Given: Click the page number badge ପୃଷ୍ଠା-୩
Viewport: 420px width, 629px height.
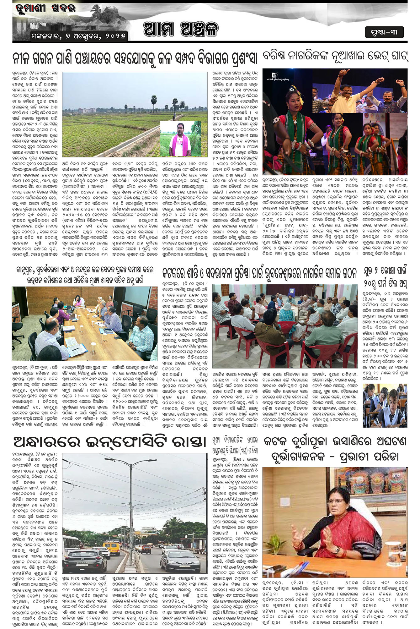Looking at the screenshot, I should tap(384, 32).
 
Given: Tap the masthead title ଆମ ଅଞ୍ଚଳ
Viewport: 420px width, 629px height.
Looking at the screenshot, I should tap(181, 30).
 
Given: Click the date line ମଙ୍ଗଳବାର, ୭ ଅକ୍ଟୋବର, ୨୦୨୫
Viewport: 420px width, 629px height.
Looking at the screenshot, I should tap(79, 36).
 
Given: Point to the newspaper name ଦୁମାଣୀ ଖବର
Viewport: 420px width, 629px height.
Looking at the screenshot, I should tap(46, 8).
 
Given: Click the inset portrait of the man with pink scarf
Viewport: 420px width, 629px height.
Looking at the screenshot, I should tap(180, 138).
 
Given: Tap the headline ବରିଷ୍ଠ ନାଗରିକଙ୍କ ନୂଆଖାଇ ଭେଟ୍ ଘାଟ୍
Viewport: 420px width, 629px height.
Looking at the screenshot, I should tap(335, 57).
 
